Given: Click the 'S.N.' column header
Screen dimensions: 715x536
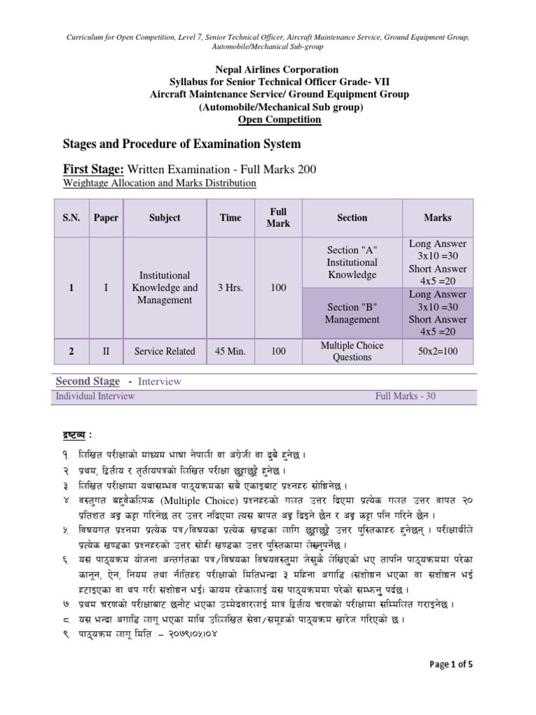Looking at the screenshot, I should tap(72, 218).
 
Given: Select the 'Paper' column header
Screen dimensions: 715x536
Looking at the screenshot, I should tap(106, 218).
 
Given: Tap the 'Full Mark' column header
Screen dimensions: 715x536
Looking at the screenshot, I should tap(278, 218).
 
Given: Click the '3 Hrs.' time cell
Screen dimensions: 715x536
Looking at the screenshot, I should tap(230, 288).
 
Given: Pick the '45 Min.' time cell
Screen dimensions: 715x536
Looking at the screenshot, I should tap(230, 351).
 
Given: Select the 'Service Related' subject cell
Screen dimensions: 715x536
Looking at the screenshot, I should tap(165, 351).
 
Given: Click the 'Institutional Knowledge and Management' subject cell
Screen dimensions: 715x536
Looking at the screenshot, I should tap(165, 288).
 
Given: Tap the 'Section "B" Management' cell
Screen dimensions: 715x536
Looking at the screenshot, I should tap(352, 314).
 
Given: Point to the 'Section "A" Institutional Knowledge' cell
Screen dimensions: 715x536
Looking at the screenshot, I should tap(352, 263).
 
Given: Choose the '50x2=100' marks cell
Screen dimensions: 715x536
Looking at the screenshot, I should tap(438, 351).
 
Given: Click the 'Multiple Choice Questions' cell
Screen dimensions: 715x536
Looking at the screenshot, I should tap(352, 351).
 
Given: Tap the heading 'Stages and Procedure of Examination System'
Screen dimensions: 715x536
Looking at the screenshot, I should tap(182, 144).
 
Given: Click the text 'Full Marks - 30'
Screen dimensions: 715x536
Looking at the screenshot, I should tap(405, 396).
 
